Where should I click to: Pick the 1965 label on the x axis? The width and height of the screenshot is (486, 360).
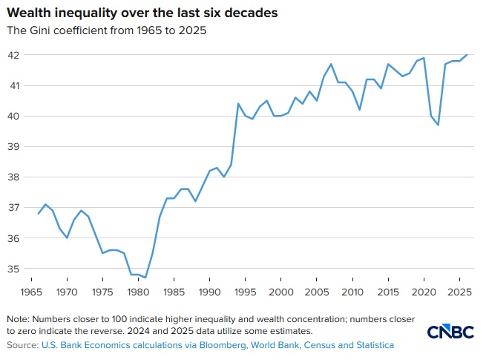click(32, 292)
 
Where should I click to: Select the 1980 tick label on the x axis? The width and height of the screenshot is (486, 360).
click(139, 292)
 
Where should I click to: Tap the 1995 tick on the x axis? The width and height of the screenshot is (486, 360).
click(246, 292)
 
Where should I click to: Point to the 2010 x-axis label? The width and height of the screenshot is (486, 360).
click(352, 292)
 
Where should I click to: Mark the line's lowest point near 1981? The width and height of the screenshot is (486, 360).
click(145, 278)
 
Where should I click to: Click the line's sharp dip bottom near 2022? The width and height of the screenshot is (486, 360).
click(437, 125)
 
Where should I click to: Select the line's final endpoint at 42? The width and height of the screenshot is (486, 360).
click(466, 55)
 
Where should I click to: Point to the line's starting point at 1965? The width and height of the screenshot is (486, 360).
click(38, 214)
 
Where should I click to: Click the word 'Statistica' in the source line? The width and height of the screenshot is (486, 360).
click(371, 345)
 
